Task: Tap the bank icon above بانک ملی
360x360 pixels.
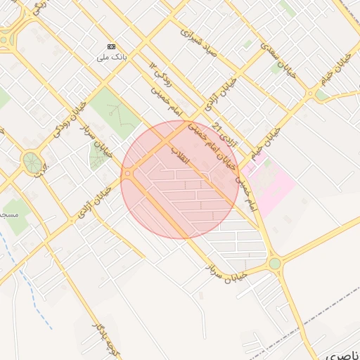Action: [112, 46]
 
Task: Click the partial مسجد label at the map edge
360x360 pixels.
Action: [8, 212]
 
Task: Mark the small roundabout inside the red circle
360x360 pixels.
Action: [128, 174]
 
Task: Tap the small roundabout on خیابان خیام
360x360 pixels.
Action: [310, 92]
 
